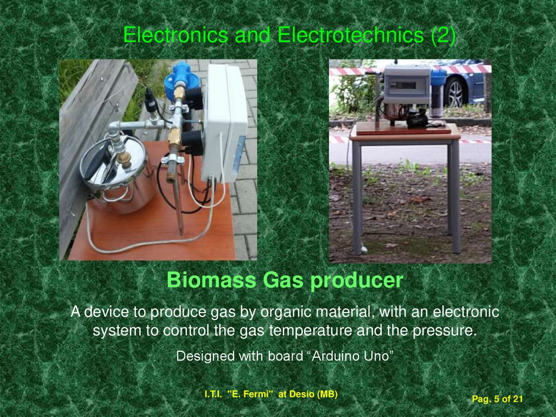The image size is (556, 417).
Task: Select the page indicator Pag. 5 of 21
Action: point(497,400)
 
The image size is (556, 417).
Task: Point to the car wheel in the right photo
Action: point(455,92)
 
